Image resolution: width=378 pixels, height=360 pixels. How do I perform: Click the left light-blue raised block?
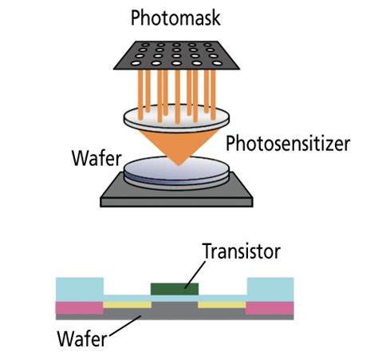(78, 288)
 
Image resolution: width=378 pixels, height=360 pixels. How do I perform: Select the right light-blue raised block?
(270, 288)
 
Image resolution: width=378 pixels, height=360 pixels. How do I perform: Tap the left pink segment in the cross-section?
(78, 307)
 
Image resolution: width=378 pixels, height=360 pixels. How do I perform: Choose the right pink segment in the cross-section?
(270, 307)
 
